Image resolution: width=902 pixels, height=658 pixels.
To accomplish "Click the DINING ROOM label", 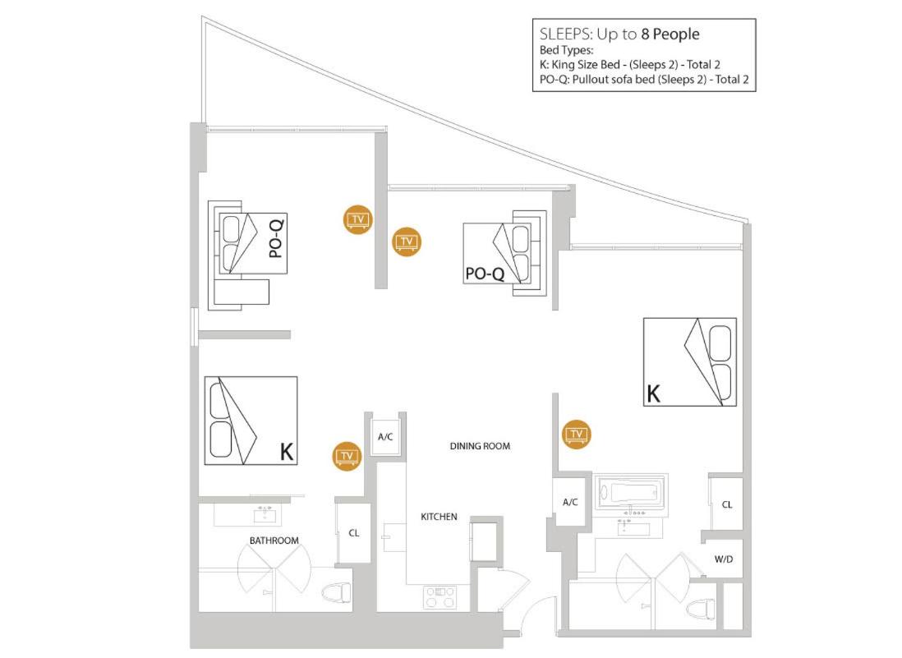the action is (480, 446).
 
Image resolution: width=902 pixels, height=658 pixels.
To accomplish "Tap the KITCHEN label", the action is (439, 517).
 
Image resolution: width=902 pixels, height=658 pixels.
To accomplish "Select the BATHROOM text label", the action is (274, 541).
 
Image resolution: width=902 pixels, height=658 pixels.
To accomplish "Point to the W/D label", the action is (724, 559).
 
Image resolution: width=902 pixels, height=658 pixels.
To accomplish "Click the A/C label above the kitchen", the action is (385, 437).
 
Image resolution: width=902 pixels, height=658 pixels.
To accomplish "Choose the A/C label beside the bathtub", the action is (570, 502).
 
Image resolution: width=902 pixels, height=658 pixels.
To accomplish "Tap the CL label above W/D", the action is (727, 504).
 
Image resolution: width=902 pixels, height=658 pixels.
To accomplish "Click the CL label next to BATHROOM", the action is (354, 533).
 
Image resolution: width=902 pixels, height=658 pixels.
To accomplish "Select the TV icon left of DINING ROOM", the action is (347, 456).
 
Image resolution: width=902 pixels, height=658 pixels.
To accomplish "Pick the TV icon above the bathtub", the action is (577, 435).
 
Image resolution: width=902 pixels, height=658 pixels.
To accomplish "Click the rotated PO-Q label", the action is (276, 239).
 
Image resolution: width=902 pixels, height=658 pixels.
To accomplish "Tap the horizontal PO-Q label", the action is (485, 274).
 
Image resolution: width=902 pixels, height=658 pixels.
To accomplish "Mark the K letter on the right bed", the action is (653, 394).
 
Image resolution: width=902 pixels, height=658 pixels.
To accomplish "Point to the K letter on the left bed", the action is (287, 452).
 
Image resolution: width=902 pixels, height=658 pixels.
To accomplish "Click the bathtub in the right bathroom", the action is (630, 493).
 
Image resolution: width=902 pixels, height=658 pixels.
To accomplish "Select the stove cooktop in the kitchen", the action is (440, 597).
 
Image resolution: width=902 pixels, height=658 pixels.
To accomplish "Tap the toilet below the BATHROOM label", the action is (336, 593).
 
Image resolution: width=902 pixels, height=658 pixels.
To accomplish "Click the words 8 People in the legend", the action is (670, 34).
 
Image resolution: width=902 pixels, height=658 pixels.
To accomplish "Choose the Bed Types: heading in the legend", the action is (566, 51).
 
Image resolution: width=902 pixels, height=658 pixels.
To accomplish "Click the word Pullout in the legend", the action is (591, 80).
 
